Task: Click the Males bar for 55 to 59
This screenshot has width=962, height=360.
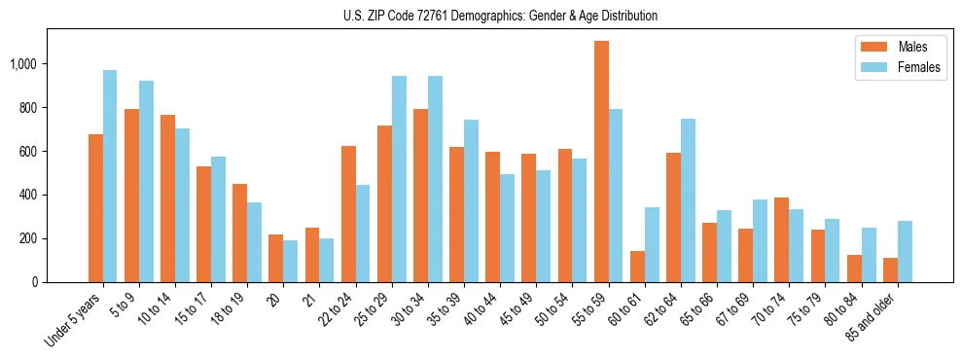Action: [x=601, y=162]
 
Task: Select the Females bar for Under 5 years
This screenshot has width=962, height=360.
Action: [x=110, y=176]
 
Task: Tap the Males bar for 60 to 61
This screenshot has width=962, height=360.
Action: [x=637, y=267]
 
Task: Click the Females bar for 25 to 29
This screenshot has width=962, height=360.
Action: [x=399, y=179]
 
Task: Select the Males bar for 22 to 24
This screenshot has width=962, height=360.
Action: [x=348, y=214]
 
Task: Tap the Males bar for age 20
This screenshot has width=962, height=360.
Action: [x=276, y=258]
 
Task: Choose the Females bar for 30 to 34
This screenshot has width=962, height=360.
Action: [x=435, y=179]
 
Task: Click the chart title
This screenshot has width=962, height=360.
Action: [x=500, y=16]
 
